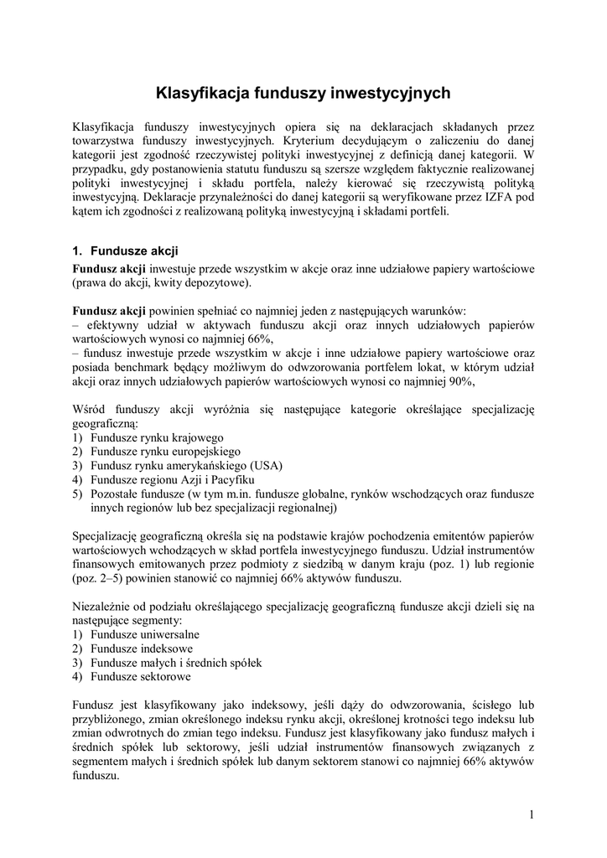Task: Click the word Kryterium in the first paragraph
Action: (310, 140)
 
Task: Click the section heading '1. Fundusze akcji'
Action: (125, 251)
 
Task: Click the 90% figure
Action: (461, 380)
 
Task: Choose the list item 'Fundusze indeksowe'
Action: (142, 648)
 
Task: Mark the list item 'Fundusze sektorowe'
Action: (141, 676)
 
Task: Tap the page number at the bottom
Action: (532, 813)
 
